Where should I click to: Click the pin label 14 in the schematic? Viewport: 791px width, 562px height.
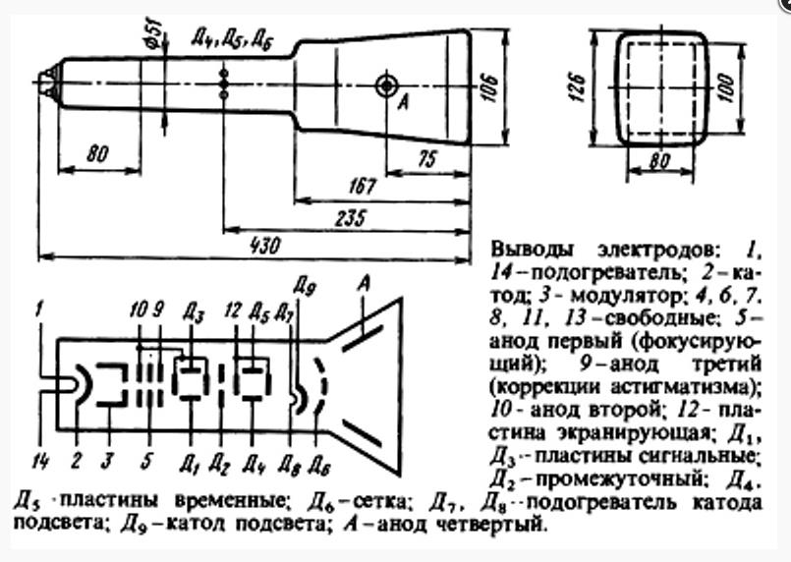tap(38, 457)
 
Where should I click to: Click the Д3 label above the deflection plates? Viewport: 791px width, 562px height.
tap(191, 314)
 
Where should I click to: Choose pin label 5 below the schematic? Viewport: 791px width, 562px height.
tap(146, 458)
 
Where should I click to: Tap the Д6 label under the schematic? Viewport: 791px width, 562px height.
tap(316, 460)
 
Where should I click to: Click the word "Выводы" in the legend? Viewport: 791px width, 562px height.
tap(528, 247)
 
